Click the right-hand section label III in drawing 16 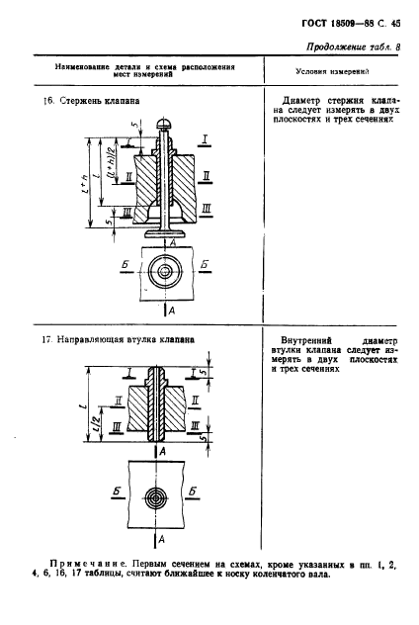(206, 210)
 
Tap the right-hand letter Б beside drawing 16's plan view (204, 266)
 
